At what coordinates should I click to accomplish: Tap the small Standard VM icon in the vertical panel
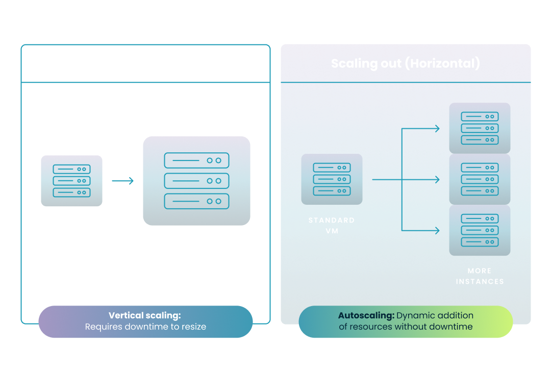pos(71,181)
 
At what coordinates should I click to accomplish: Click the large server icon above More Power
pos(196,181)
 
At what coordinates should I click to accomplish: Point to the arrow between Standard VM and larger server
pos(123,181)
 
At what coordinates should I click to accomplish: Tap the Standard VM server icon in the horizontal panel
pos(332,179)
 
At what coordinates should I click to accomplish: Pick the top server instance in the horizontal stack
pos(480,128)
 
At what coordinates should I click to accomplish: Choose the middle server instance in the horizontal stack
pos(480,179)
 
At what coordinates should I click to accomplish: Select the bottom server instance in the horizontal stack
pos(480,230)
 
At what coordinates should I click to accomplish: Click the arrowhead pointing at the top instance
pos(437,128)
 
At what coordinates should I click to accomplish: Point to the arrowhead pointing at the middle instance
pos(437,180)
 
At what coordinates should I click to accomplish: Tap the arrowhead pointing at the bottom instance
pos(437,231)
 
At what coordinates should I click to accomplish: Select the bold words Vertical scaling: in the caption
pos(145,316)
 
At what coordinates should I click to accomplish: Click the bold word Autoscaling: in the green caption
pos(366,316)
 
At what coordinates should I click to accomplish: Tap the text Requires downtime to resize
pos(145,327)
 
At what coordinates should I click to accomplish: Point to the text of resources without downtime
pos(406,327)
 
